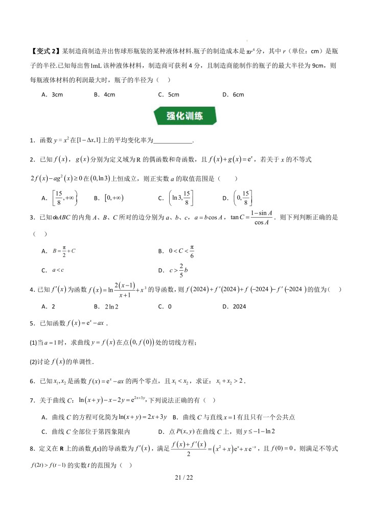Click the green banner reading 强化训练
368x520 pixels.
[184, 116]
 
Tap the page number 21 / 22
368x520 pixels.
[184, 478]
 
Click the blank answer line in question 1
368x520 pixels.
[173, 141]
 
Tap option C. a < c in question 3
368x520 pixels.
[52, 270]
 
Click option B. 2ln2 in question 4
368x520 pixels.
[104, 306]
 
